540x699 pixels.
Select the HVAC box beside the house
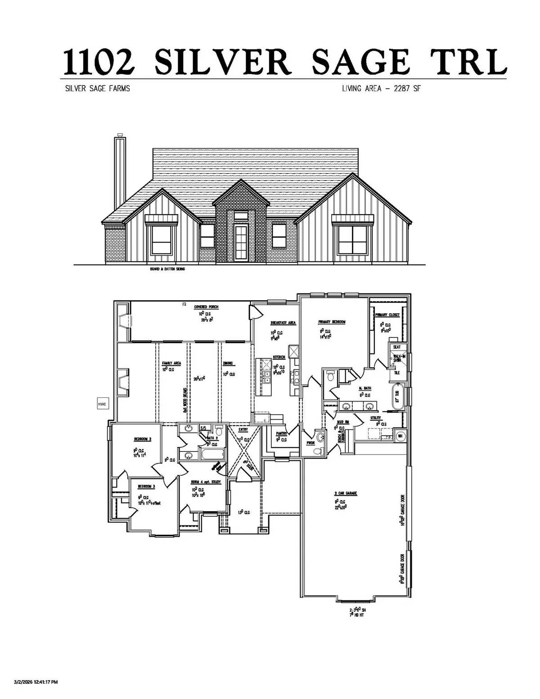pos(101,404)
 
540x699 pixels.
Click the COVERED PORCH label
pos(206,307)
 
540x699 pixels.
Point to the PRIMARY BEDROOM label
pos(332,322)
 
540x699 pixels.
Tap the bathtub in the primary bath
pos(397,397)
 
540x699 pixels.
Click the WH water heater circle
pos(400,435)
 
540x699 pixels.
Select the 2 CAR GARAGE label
pos(345,493)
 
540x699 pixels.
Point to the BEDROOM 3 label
pos(146,487)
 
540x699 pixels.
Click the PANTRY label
pos(282,434)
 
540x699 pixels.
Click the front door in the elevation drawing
pos(240,244)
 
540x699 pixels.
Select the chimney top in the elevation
pos(120,135)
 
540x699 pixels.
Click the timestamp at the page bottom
pos(36,682)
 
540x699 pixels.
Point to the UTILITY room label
pos(375,418)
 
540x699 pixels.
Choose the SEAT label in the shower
pos(396,347)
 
